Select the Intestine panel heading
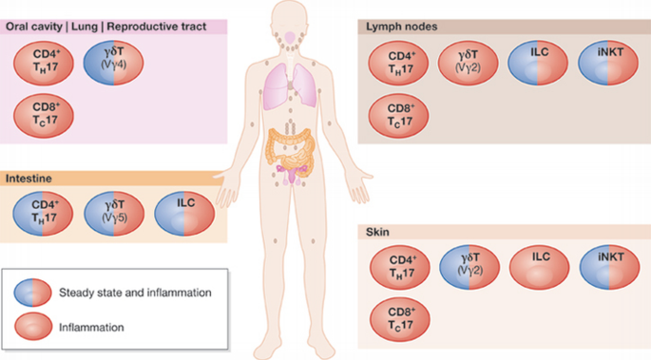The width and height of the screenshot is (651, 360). [29, 178]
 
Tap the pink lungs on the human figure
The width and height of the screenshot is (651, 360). [289, 84]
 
